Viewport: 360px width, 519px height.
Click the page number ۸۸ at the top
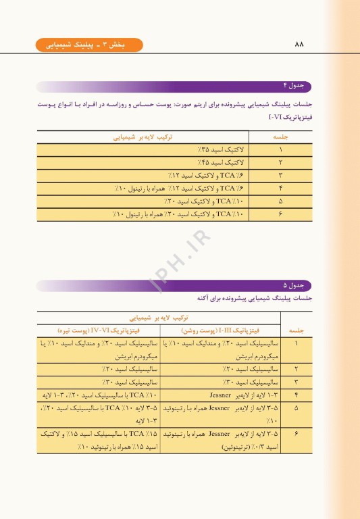(x=300, y=45)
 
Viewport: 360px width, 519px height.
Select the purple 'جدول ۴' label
(x=297, y=86)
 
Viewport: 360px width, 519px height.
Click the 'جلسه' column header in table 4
(x=279, y=136)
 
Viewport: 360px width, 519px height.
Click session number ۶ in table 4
(x=280, y=216)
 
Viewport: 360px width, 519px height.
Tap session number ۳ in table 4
(x=280, y=176)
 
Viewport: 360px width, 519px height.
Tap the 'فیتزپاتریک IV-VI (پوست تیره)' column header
(x=95, y=330)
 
